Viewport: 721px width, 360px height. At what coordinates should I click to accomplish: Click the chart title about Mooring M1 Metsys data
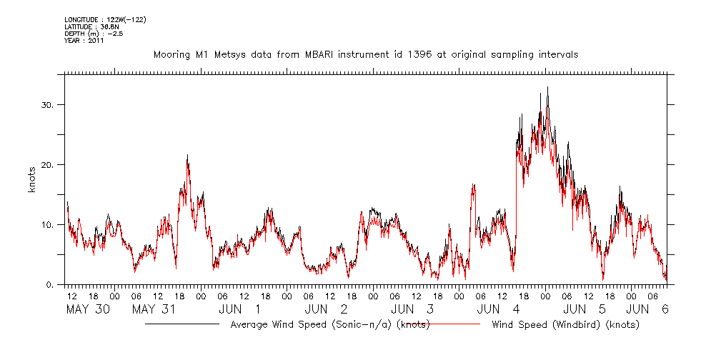coord(366,54)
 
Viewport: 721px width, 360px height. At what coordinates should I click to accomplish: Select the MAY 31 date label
coord(154,309)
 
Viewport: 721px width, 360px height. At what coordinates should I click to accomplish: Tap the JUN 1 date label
coord(239,309)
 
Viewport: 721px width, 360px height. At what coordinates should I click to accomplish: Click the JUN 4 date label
coord(497,309)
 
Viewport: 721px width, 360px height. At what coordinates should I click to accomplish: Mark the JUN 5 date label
coord(585,309)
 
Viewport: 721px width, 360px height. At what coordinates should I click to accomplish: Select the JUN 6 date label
coord(647,309)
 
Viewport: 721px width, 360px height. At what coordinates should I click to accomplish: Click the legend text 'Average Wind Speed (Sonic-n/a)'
coord(329,325)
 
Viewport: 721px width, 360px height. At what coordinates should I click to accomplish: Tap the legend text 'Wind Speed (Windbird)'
coord(565,325)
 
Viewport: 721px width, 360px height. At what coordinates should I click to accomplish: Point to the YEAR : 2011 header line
coord(84,41)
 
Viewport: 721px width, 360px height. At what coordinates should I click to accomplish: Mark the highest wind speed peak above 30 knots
coord(547,88)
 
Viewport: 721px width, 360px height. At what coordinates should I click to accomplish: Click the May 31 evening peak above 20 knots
coord(187,156)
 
